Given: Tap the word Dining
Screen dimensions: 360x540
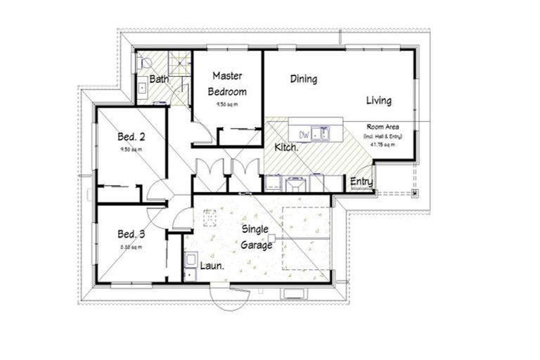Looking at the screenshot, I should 304,79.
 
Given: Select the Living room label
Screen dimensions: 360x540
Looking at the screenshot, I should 378,101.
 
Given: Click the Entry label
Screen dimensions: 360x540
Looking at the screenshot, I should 361,183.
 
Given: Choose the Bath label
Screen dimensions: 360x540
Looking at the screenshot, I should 158,80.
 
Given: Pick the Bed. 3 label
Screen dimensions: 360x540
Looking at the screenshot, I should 131,233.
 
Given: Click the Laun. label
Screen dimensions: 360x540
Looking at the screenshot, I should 212,266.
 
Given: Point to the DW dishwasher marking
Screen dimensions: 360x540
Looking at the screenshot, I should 305,134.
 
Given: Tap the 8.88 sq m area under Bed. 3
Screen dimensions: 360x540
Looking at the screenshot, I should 131,247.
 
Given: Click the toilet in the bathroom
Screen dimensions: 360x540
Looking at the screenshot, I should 141,62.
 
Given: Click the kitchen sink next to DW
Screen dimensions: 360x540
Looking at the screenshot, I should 323,132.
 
